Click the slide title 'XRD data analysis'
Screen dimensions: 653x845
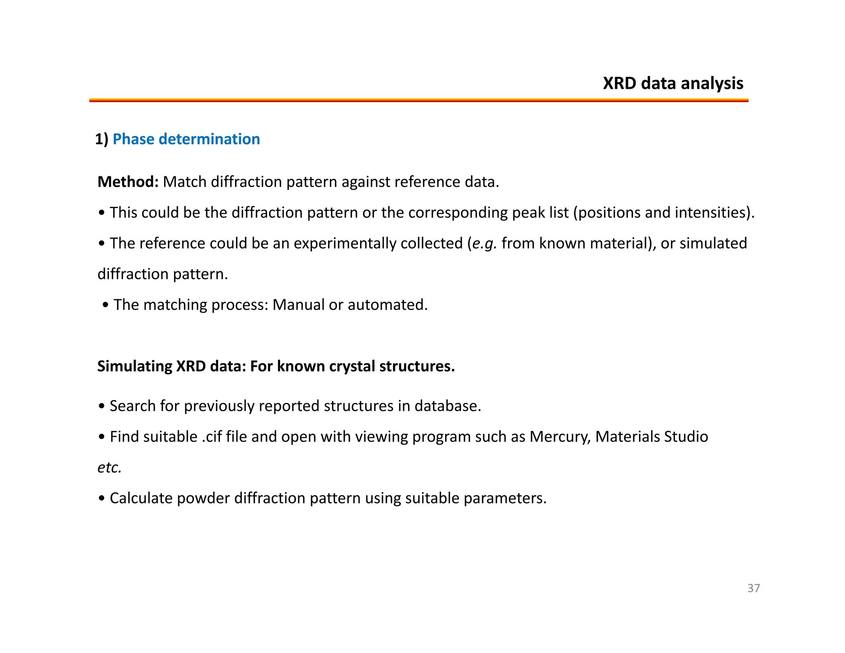(673, 83)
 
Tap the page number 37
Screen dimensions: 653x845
(753, 588)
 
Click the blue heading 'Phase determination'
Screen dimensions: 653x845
(186, 139)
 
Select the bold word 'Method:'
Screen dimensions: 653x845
(128, 182)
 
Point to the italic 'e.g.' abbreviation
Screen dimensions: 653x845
(484, 244)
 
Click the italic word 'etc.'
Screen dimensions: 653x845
(109, 468)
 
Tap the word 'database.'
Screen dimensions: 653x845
(448, 406)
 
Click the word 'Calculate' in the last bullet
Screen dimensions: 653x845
(141, 498)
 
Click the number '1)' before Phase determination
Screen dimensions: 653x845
(101, 139)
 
